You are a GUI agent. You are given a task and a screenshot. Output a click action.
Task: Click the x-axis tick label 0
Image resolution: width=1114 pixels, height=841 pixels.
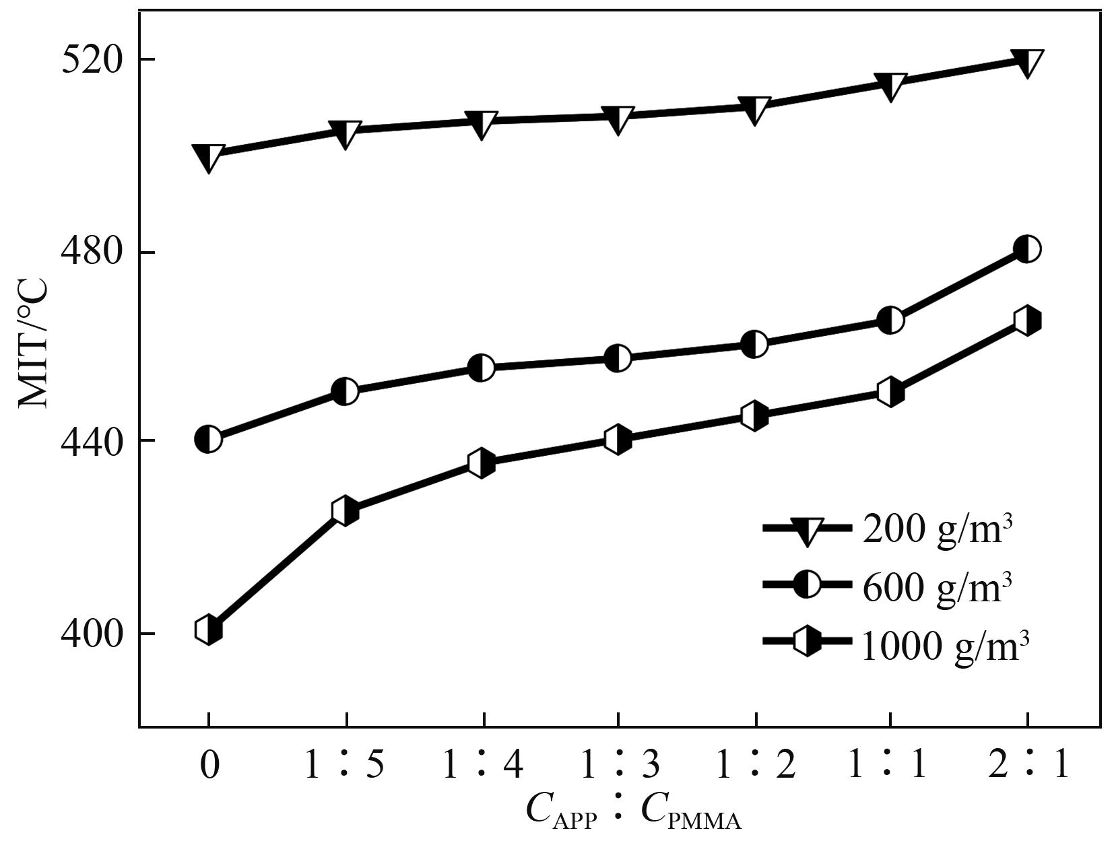pyautogui.click(x=209, y=766)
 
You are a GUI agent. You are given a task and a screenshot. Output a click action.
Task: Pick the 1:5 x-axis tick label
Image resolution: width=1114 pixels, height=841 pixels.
pyautogui.click(x=345, y=766)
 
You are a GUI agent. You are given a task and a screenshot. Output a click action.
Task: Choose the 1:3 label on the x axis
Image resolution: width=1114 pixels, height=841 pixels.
pyautogui.click(x=618, y=766)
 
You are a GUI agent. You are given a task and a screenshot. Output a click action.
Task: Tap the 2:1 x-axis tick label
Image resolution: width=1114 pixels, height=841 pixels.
pyautogui.click(x=1028, y=766)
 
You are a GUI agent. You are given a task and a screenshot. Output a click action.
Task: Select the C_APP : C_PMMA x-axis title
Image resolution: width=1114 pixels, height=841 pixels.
pyautogui.click(x=633, y=812)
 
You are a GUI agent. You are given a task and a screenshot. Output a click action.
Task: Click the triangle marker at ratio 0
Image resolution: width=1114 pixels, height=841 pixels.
pyautogui.click(x=208, y=157)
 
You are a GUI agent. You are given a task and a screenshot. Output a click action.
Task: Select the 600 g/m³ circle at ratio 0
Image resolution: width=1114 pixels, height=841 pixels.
pyautogui.click(x=208, y=440)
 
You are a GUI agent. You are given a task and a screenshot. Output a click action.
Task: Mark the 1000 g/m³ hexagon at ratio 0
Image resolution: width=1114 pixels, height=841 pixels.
pyautogui.click(x=208, y=630)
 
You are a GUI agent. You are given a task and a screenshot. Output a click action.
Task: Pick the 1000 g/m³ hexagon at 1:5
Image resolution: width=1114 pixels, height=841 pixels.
pyautogui.click(x=345, y=511)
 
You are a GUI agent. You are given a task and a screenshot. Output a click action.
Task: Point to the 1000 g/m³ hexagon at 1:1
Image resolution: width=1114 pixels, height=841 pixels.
pyautogui.click(x=890, y=393)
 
